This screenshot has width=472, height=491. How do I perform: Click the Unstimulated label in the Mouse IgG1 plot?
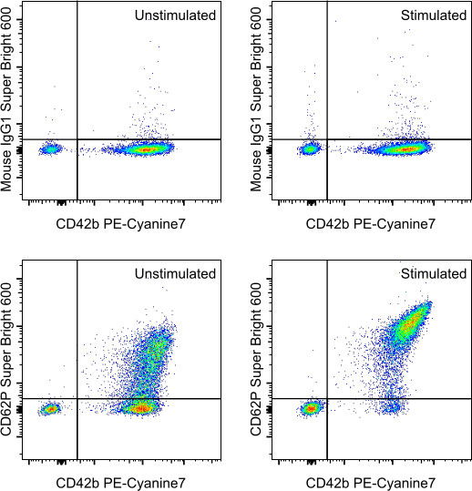click(x=176, y=15)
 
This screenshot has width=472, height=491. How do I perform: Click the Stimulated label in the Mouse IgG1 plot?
click(x=433, y=15)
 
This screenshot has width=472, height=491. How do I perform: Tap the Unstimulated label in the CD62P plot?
click(x=176, y=273)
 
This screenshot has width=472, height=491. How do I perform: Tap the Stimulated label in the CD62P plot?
click(x=433, y=273)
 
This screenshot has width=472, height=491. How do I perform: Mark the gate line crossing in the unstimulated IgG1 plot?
click(x=77, y=139)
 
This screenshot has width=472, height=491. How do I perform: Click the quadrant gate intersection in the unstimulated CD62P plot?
click(x=77, y=398)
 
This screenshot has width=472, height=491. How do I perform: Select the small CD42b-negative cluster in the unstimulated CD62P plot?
click(x=50, y=409)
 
